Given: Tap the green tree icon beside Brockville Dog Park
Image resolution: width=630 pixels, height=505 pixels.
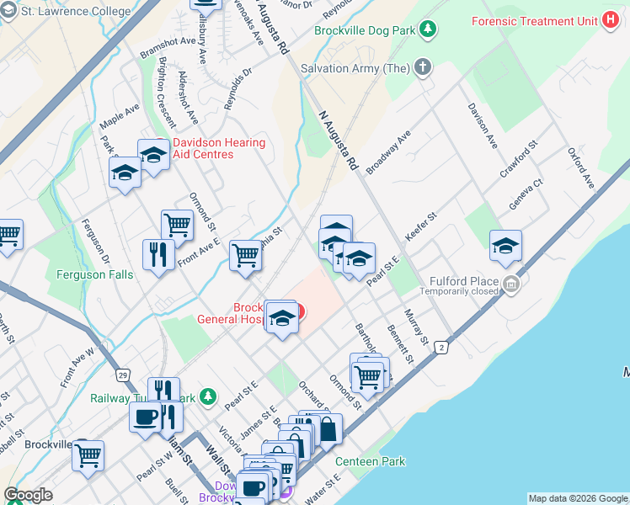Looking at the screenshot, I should point(428,29).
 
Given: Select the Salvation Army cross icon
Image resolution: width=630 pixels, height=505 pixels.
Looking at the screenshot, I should point(422,66).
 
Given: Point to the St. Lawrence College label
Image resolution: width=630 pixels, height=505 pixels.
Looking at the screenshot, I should point(77,12).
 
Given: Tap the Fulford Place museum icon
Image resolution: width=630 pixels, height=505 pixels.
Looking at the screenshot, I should point(511,286).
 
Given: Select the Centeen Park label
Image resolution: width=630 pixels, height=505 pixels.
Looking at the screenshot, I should point(370,461).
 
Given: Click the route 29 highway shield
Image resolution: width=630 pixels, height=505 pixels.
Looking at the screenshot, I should point(122,374).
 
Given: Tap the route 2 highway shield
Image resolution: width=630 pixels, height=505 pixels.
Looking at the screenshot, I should point(440,347).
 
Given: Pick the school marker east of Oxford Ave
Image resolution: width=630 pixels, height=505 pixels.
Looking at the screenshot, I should point(505,245).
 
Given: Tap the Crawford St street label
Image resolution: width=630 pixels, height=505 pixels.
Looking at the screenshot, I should point(518,160).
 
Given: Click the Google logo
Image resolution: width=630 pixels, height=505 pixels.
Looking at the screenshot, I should point(28,495).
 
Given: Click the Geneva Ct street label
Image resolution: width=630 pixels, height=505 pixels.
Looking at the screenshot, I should point(526,194).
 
